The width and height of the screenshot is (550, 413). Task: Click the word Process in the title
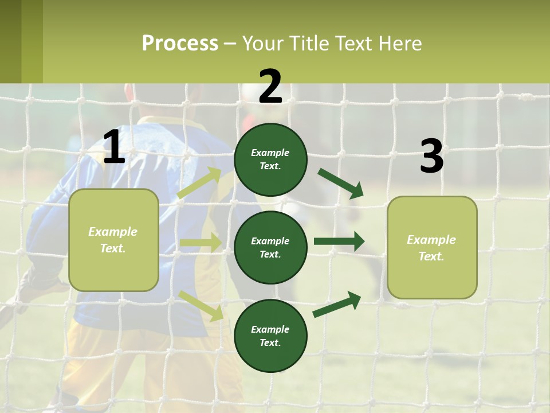click(x=180, y=44)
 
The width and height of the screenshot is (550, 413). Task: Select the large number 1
click(x=114, y=147)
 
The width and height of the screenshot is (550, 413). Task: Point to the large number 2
click(x=270, y=87)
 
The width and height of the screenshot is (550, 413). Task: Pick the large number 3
click(x=431, y=157)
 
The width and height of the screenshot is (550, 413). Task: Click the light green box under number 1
click(x=113, y=240)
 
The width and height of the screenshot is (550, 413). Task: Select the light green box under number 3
click(x=432, y=248)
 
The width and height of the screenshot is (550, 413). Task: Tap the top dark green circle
click(x=270, y=159)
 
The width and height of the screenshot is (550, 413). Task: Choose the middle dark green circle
click(x=270, y=247)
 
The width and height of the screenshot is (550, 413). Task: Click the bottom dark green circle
click(x=270, y=336)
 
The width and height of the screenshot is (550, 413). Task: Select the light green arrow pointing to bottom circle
click(x=201, y=305)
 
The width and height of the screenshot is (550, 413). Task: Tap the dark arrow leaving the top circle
click(x=340, y=184)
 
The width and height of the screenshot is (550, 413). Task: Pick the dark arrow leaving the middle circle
click(x=339, y=241)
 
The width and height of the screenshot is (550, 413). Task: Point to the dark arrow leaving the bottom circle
click(x=337, y=305)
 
